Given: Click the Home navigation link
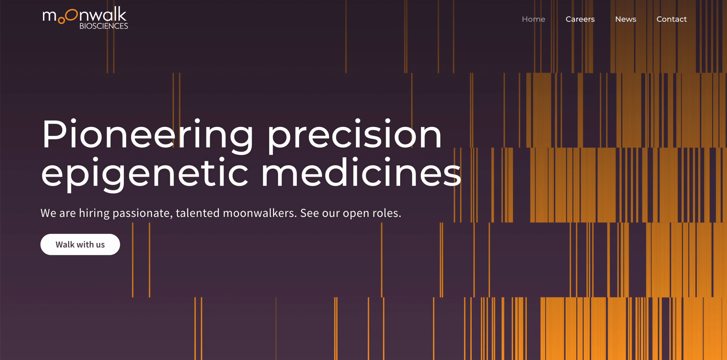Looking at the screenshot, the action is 533,19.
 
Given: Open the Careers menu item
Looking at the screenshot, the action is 580,19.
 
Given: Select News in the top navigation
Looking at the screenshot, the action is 626,19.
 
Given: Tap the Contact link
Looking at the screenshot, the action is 671,19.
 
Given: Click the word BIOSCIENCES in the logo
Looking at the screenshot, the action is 104,26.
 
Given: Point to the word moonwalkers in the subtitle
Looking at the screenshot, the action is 260,213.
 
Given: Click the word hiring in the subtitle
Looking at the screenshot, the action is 94,213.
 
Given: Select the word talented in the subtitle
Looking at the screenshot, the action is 198,213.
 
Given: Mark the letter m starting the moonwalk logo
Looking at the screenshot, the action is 49,16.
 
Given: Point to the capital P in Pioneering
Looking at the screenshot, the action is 54,134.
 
